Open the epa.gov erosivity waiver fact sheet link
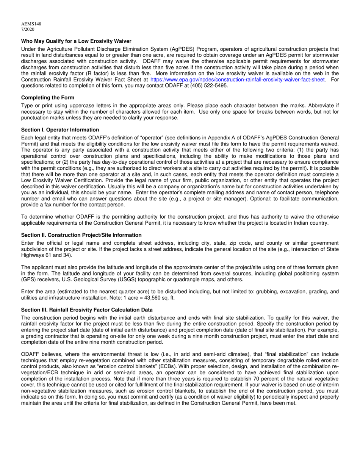[x=238, y=80]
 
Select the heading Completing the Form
[x=48, y=98]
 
